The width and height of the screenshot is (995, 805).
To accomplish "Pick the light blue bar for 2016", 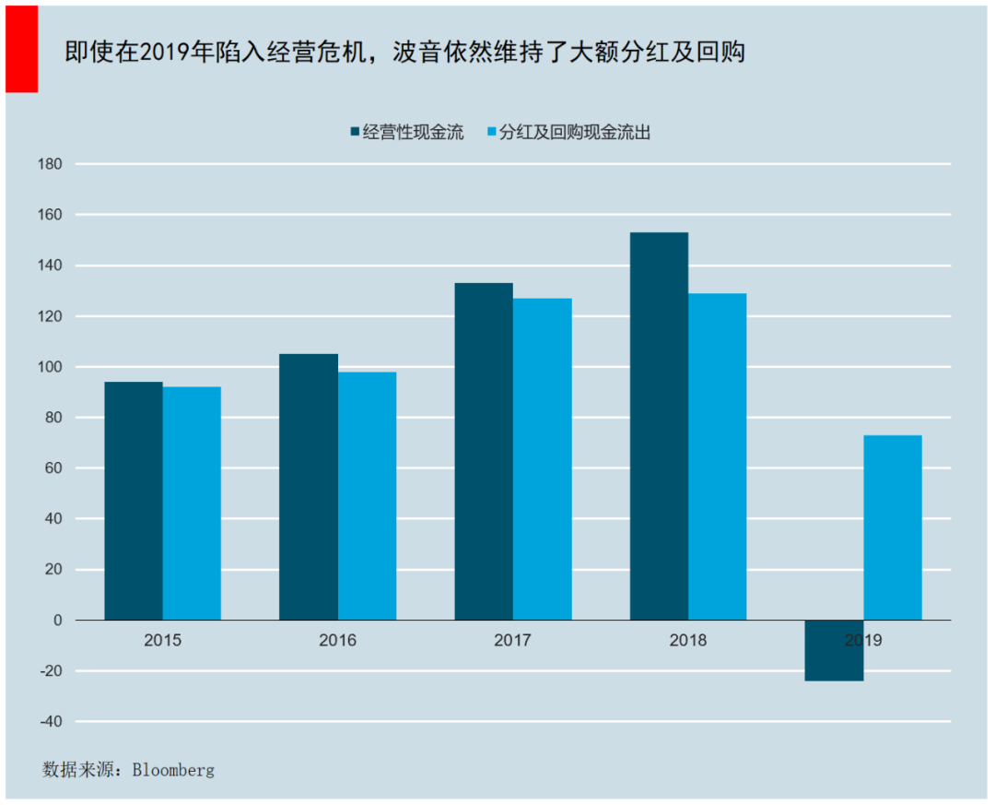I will [x=367, y=496].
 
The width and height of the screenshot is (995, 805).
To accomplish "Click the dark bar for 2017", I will [x=484, y=451].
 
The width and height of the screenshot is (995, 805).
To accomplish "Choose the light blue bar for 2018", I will [x=717, y=456].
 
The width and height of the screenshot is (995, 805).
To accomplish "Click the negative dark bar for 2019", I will [x=834, y=651].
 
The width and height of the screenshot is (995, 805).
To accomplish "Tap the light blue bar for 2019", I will [x=892, y=527].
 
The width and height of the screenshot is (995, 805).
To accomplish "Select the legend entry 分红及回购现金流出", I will [x=574, y=133].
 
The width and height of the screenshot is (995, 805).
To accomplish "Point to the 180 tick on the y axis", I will [x=51, y=164].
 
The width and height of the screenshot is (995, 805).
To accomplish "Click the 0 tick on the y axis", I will [x=57, y=621].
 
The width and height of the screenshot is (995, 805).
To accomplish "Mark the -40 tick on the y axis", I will [x=51, y=722].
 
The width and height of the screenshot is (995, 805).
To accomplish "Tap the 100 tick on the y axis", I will [x=51, y=367].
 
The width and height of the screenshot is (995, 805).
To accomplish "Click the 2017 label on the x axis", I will [x=512, y=640].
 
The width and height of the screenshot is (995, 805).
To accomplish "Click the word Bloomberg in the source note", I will [x=173, y=769].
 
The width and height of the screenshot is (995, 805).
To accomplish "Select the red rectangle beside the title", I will [x=21, y=49].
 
